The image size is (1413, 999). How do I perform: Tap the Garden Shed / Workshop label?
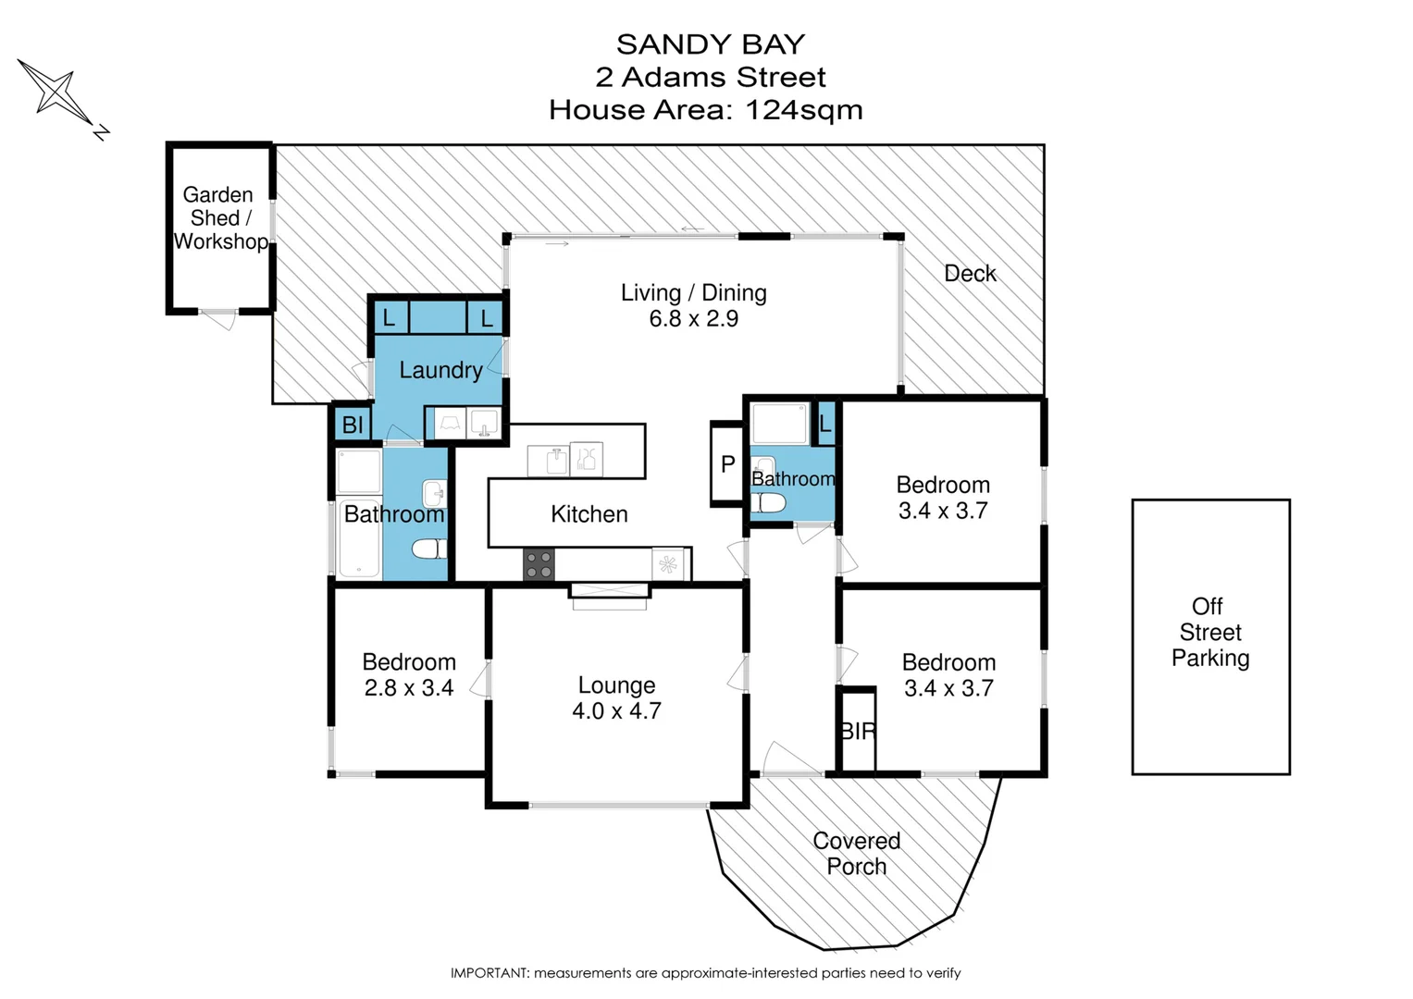pyautogui.click(x=219, y=218)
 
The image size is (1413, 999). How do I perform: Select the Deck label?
pyautogui.click(x=970, y=274)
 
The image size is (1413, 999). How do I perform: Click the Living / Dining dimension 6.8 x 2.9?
pyautogui.click(x=693, y=319)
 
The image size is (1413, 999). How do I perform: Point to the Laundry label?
pyautogui.click(x=440, y=370)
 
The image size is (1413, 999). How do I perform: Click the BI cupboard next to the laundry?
pyautogui.click(x=353, y=425)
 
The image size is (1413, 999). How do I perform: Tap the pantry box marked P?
pyautogui.click(x=727, y=464)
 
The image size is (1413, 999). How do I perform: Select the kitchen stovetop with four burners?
pyautogui.click(x=539, y=564)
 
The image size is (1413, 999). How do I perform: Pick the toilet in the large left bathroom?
pyautogui.click(x=428, y=549)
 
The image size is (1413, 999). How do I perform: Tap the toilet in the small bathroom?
pyautogui.click(x=768, y=503)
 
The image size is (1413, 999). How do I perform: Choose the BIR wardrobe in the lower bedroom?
pyautogui.click(x=858, y=731)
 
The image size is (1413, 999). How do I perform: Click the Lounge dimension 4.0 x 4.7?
pyautogui.click(x=616, y=711)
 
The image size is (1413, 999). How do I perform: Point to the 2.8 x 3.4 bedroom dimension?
pyautogui.click(x=408, y=688)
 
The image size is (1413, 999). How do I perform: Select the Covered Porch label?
pyautogui.click(x=856, y=854)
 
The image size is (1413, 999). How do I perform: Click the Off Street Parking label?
pyautogui.click(x=1209, y=633)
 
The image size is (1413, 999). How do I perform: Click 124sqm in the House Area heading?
pyautogui.click(x=803, y=110)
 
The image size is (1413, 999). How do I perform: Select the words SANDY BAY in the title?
pyautogui.click(x=710, y=44)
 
